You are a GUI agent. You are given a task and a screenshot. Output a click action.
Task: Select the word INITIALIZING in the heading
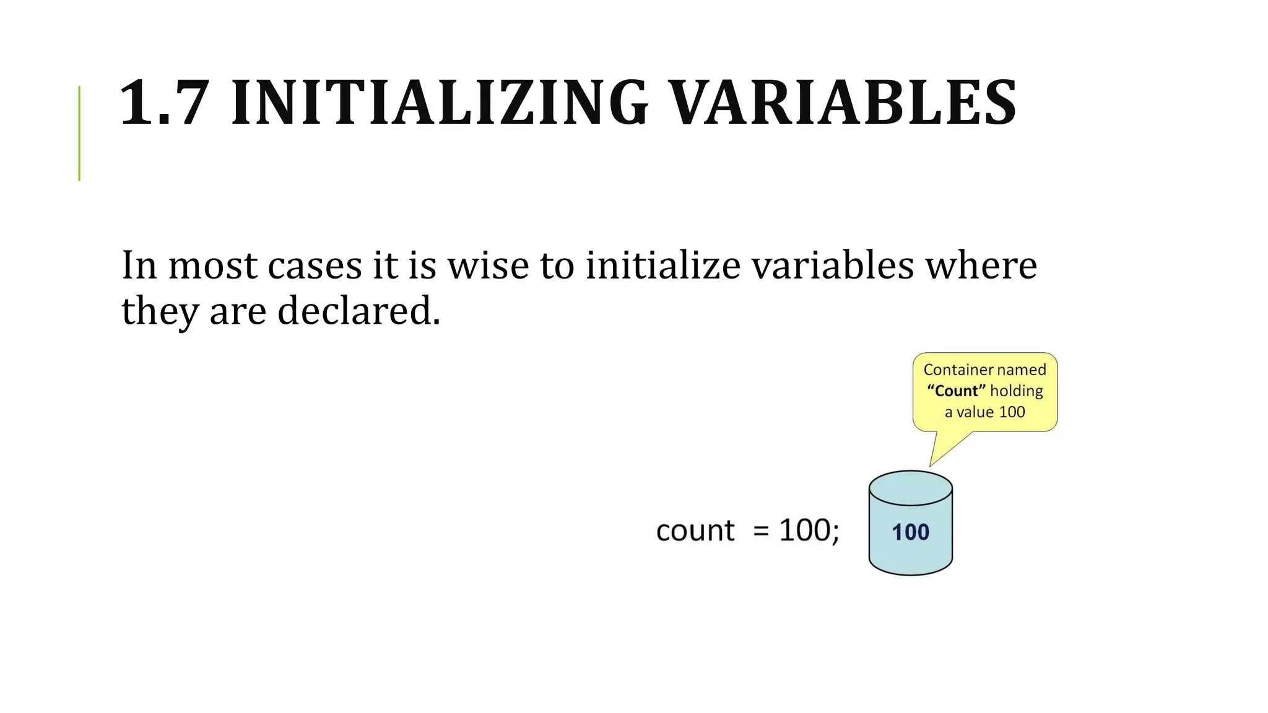(x=440, y=103)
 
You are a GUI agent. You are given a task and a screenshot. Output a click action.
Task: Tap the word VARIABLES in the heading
(x=843, y=103)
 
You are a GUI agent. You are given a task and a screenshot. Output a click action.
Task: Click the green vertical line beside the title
(x=79, y=133)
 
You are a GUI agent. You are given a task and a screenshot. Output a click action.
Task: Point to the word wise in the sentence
(x=487, y=266)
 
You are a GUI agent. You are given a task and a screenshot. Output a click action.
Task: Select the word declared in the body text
(x=358, y=311)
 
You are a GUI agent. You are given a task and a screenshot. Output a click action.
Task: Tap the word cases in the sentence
(x=315, y=266)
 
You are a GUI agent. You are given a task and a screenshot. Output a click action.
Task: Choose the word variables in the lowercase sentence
(x=833, y=266)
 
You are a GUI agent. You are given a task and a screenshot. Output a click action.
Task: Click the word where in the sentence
(x=981, y=266)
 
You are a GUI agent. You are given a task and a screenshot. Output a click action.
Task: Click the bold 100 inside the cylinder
(x=910, y=532)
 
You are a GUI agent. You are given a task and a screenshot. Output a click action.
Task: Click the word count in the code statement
(x=695, y=531)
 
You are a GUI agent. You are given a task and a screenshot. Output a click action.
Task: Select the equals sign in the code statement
(x=761, y=531)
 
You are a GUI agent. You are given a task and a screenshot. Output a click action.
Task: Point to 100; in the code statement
(x=809, y=530)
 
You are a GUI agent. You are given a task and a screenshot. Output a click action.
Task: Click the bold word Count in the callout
(x=956, y=391)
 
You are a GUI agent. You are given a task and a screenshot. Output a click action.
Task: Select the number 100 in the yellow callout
(x=1012, y=412)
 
